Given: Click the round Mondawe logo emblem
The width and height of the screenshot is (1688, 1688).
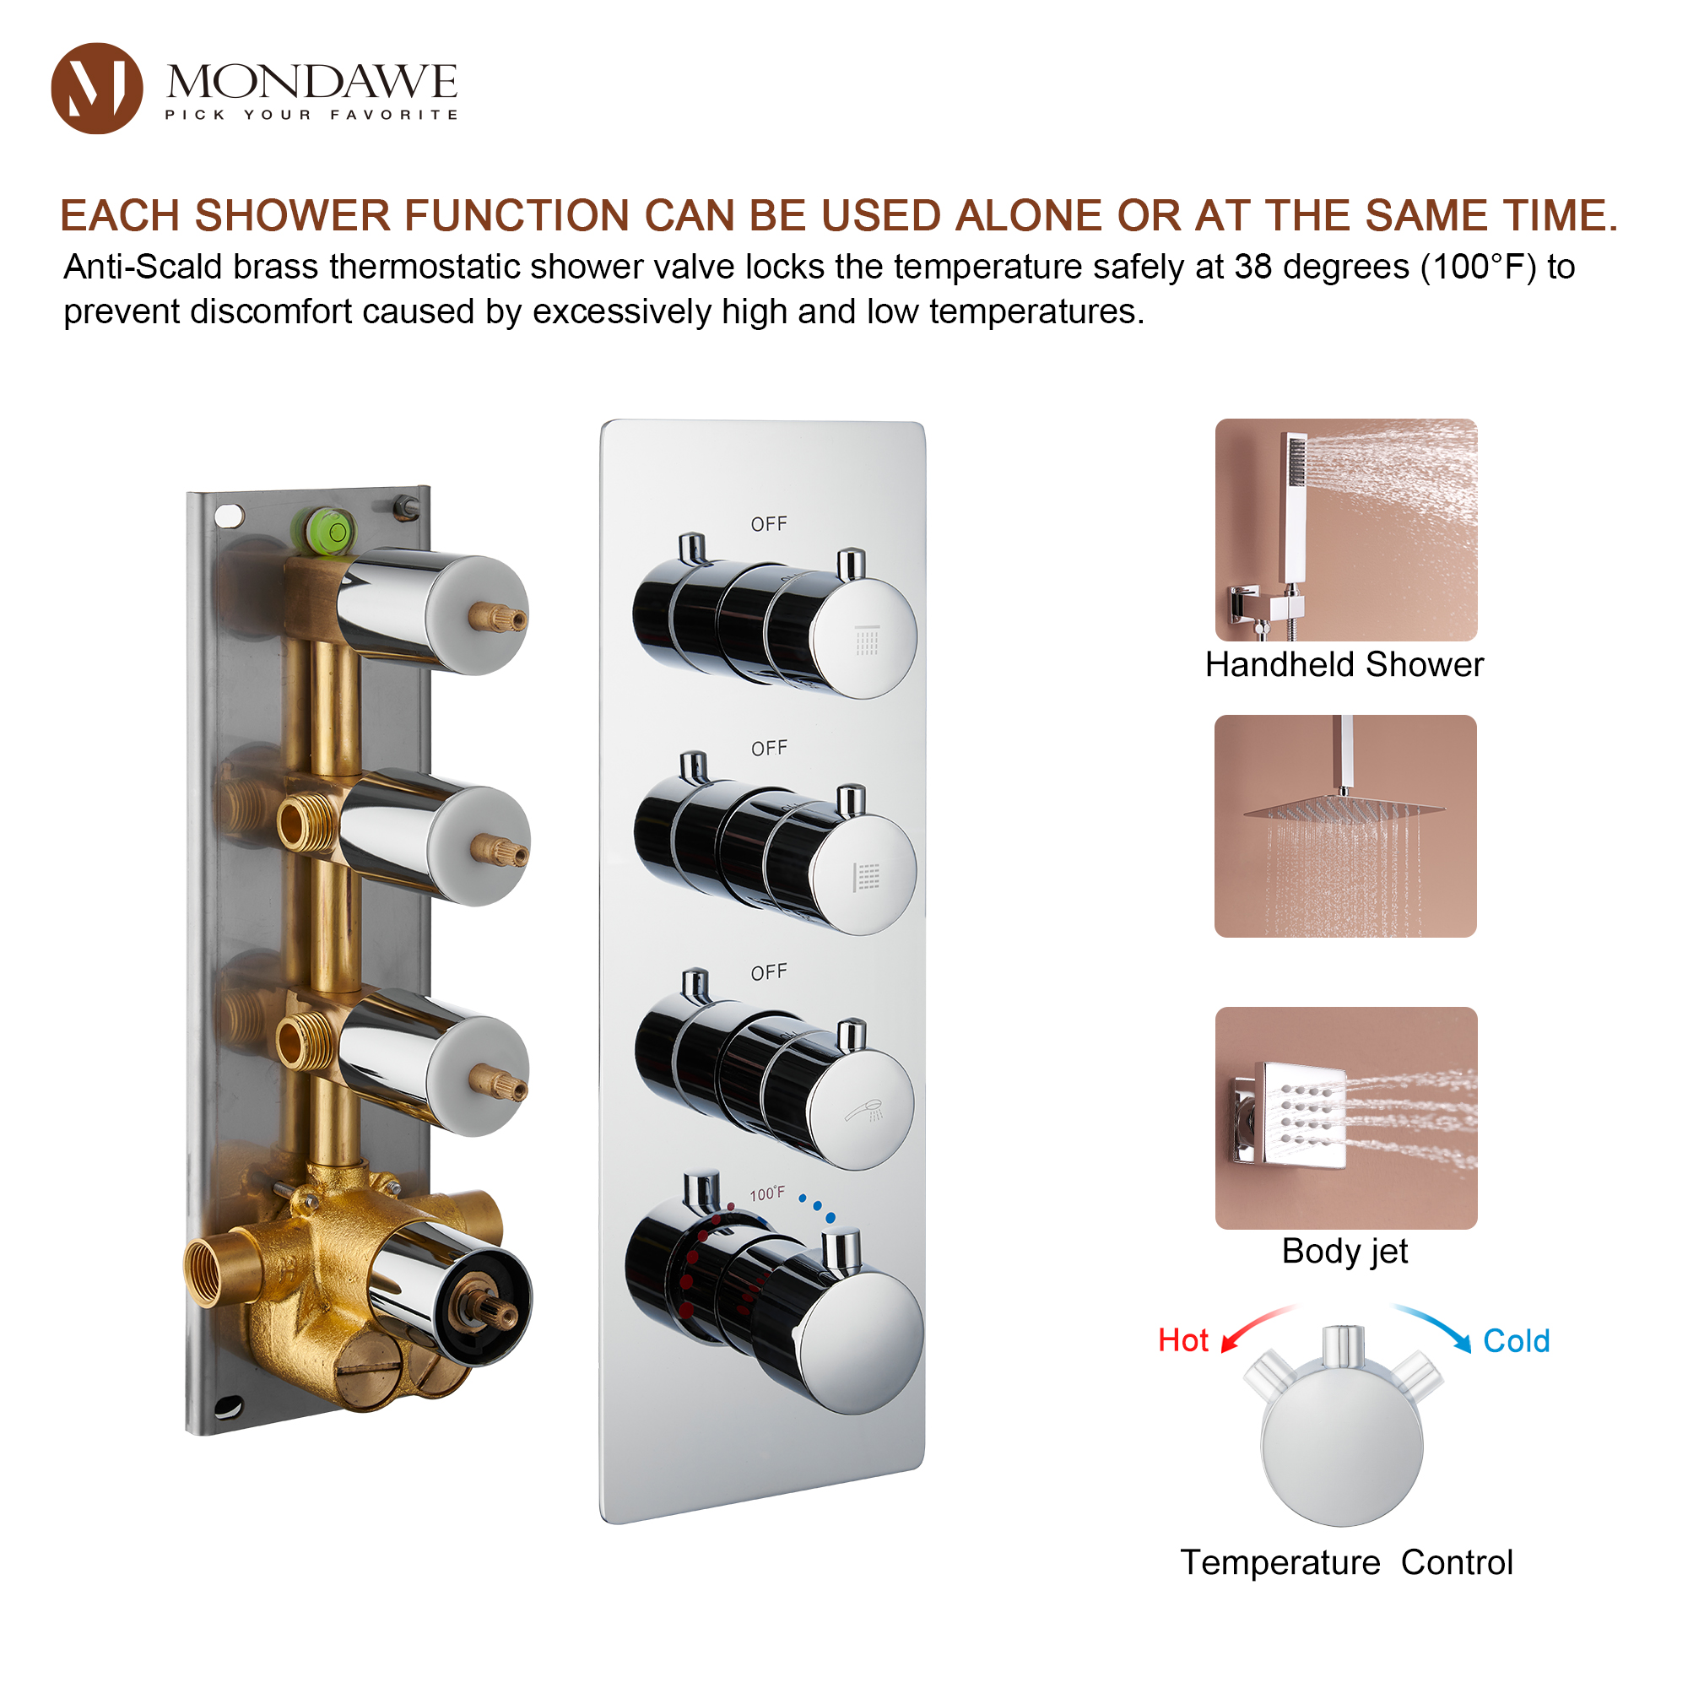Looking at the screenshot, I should pos(97,89).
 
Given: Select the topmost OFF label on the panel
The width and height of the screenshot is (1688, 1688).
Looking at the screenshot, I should pos(768,524).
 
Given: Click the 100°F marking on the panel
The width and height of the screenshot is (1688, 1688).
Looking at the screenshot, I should pos(767,1193).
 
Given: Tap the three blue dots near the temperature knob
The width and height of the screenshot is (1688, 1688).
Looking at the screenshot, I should pos(817,1208).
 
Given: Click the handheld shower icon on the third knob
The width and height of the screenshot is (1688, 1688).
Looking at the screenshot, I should pos(864,1111).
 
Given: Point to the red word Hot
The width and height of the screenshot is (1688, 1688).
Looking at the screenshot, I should pos(1183,1340).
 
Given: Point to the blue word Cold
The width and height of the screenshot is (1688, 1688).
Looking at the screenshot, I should pos(1516,1341).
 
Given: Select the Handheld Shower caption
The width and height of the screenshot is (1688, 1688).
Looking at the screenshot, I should pos(1344,665).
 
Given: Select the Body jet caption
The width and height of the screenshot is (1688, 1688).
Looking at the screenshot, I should pos(1344,1251).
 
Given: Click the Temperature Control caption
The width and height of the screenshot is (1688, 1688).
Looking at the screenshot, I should pos(1345,1562).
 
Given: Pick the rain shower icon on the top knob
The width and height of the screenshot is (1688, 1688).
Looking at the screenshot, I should pos(867,641).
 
